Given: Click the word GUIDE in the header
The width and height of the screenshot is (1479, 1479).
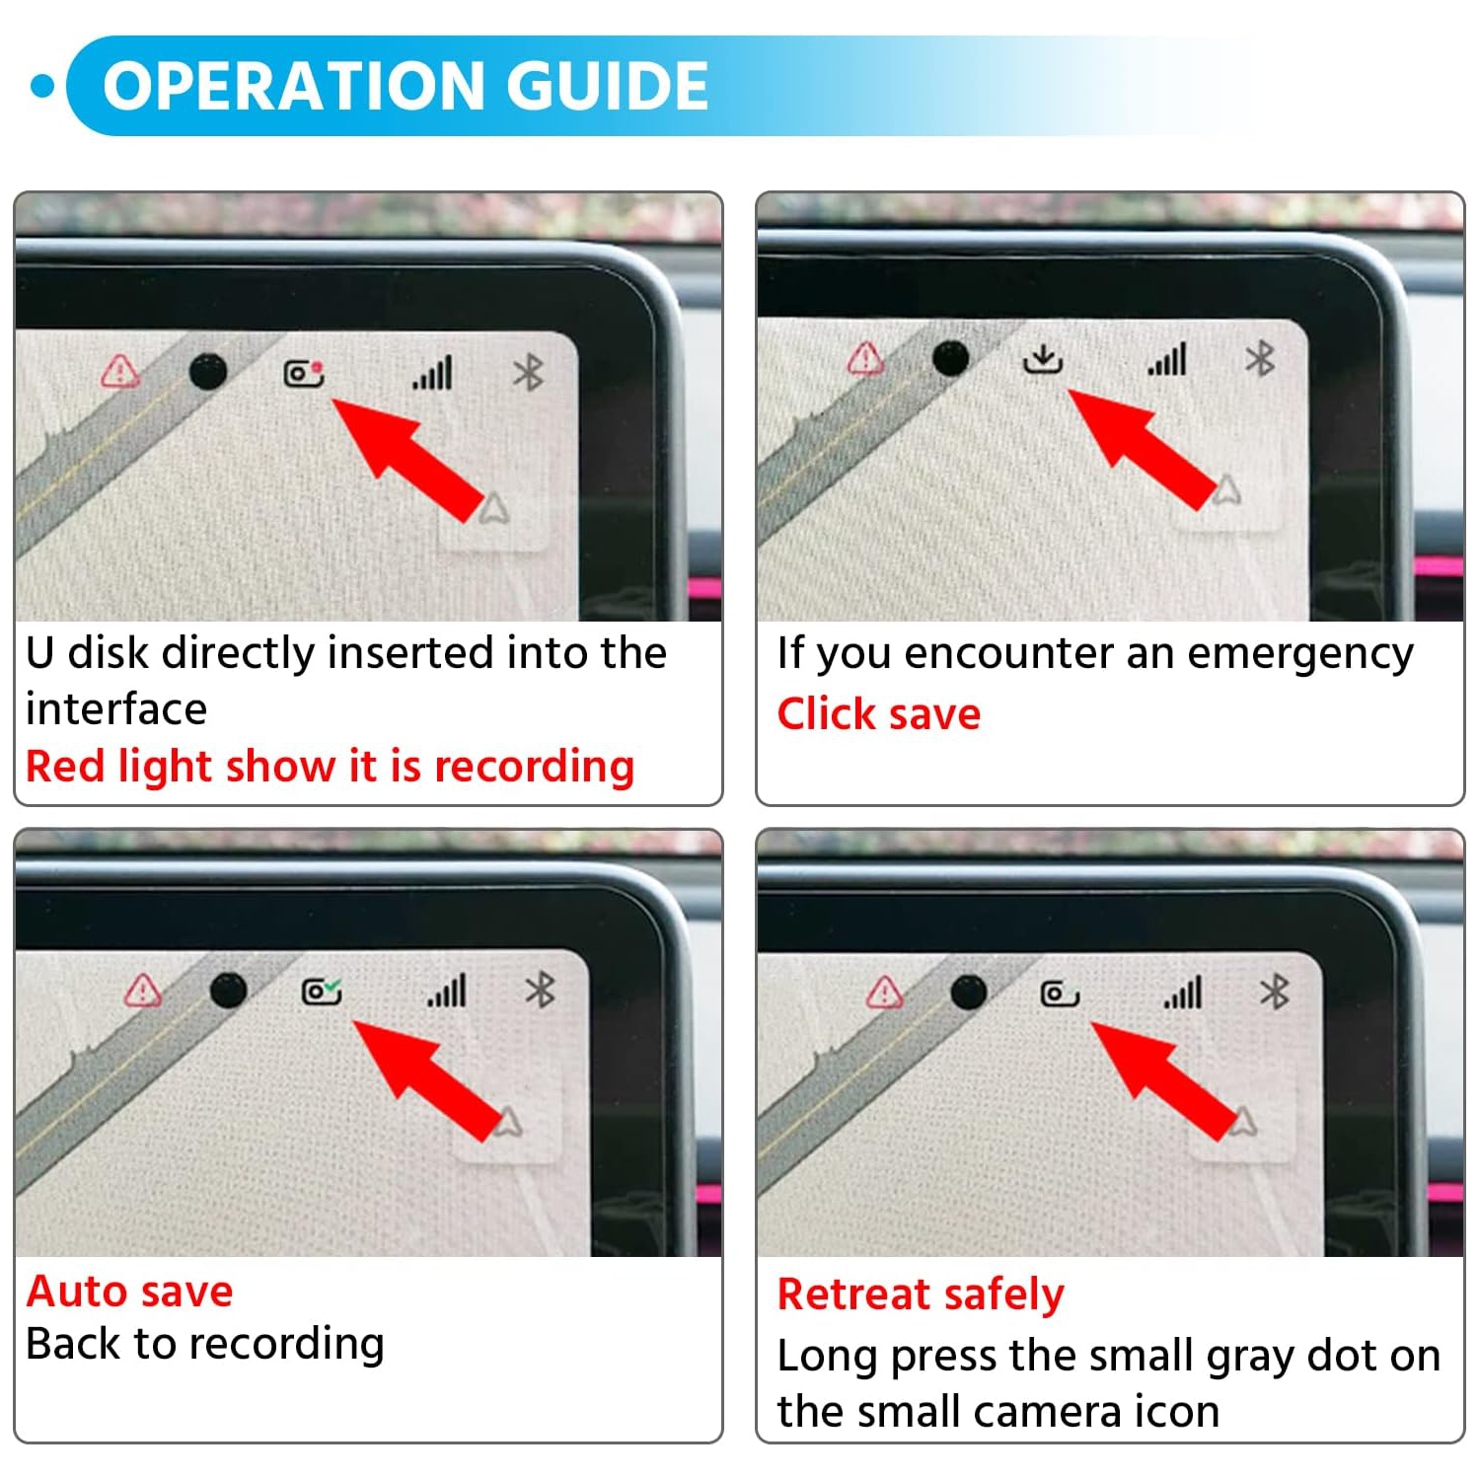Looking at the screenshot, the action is pos(608,85).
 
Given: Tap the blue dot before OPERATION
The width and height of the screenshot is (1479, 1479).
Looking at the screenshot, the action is pos(43,86).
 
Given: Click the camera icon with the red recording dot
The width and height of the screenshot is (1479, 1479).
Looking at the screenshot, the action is pos(304,373).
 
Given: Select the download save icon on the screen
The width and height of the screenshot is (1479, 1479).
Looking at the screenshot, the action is pos(1042,359).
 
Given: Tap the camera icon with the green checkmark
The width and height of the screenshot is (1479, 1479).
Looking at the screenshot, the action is pos(322,990).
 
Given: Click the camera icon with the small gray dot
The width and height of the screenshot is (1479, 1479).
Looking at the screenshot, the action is pos(1060,993).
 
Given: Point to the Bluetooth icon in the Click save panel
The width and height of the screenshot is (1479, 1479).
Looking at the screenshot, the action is pos(1260,359).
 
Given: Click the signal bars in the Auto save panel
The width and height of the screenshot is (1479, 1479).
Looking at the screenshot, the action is pos(447,991).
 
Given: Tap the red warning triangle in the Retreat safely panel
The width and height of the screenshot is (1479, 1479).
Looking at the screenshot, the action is pos(885,992).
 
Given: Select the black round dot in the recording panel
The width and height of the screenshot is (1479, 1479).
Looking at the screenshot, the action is pos(207,372).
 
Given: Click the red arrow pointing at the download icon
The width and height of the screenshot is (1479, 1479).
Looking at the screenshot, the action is pos(1143,449).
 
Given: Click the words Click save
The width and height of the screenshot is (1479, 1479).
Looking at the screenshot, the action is pos(879,713).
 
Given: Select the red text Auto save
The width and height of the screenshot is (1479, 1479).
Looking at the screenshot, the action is pos(129,1291).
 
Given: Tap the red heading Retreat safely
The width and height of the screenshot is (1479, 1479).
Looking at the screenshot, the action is pos(921,1294).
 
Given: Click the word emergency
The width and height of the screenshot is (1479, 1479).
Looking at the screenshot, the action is pos(1300,654).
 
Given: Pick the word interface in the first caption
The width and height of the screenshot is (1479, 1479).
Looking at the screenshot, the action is pos(116,709).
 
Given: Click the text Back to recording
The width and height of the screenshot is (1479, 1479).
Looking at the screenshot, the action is pos(205,1344).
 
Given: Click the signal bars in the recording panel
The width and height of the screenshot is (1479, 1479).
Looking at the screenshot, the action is pos(432,373).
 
